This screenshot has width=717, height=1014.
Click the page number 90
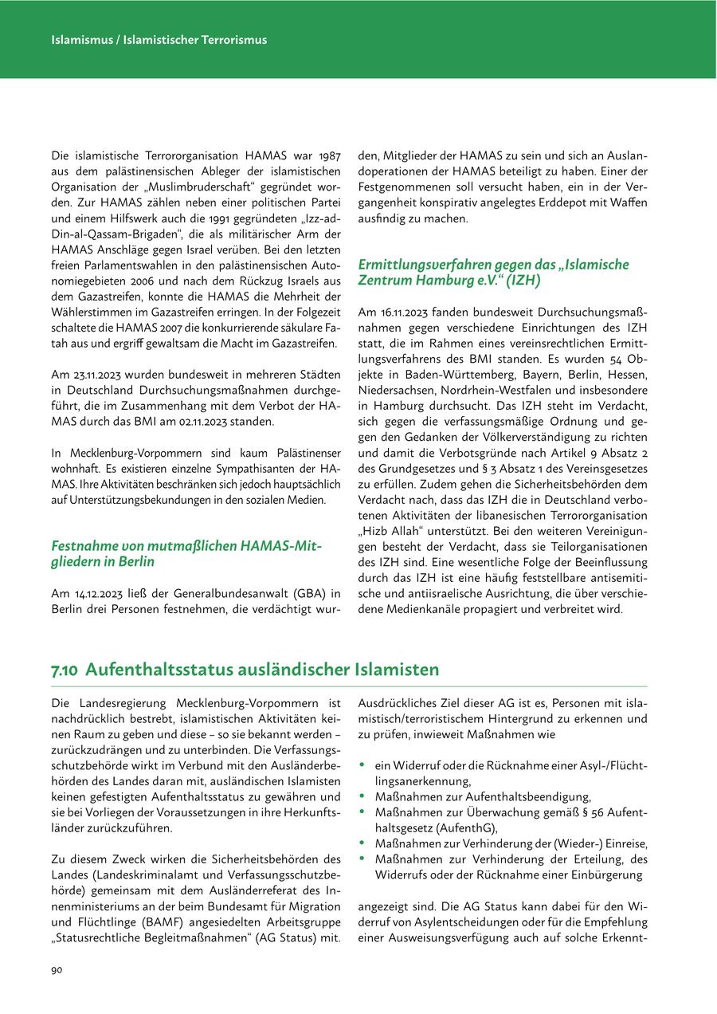pos(57,969)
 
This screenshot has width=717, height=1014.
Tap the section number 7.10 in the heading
pos(65,670)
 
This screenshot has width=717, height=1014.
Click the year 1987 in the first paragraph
pos(329,154)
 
